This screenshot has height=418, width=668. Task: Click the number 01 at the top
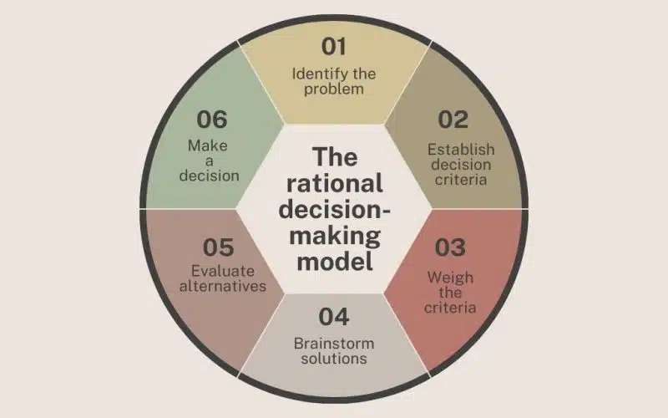(333, 46)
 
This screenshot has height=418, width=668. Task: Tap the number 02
(453, 120)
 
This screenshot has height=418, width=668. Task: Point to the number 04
(333, 318)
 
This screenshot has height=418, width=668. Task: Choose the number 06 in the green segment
(212, 120)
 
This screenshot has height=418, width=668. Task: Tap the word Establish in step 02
(461, 150)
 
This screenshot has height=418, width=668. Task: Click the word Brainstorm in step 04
(333, 343)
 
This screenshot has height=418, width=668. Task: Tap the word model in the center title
(335, 261)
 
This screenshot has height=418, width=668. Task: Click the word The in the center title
(335, 157)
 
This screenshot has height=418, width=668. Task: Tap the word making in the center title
(335, 235)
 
